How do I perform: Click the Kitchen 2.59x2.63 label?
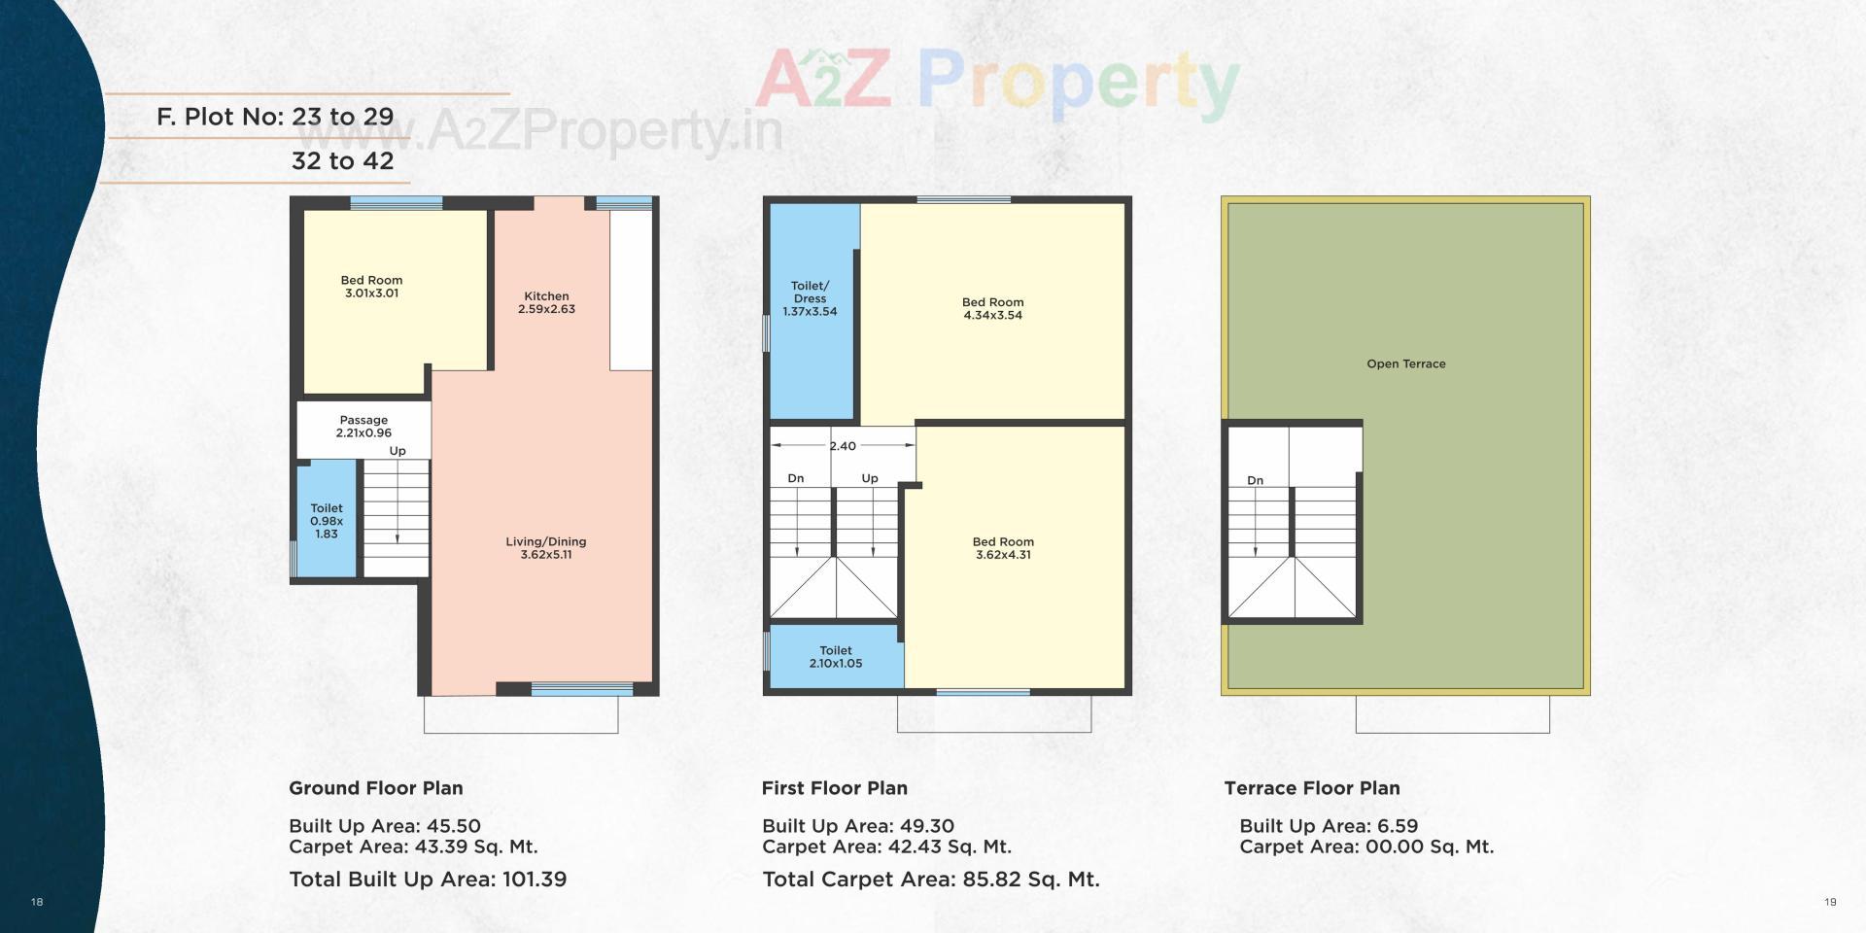546,302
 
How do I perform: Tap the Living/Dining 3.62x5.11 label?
545,548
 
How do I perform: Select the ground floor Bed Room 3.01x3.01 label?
371,287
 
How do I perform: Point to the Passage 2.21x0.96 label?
363,427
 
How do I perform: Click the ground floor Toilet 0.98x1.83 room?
327,521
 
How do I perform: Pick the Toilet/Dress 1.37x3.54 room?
810,299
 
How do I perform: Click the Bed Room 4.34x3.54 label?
992,309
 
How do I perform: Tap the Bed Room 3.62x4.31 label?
1003,548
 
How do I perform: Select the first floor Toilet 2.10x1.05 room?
836,657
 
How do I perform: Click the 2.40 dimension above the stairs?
843,446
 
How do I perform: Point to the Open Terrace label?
1405,363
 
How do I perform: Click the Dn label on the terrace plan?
1255,480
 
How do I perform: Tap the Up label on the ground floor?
397,451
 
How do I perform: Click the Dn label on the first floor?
795,478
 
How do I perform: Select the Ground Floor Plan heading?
375,788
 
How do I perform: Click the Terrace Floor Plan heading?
1311,788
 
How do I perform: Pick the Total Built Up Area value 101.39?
534,880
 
